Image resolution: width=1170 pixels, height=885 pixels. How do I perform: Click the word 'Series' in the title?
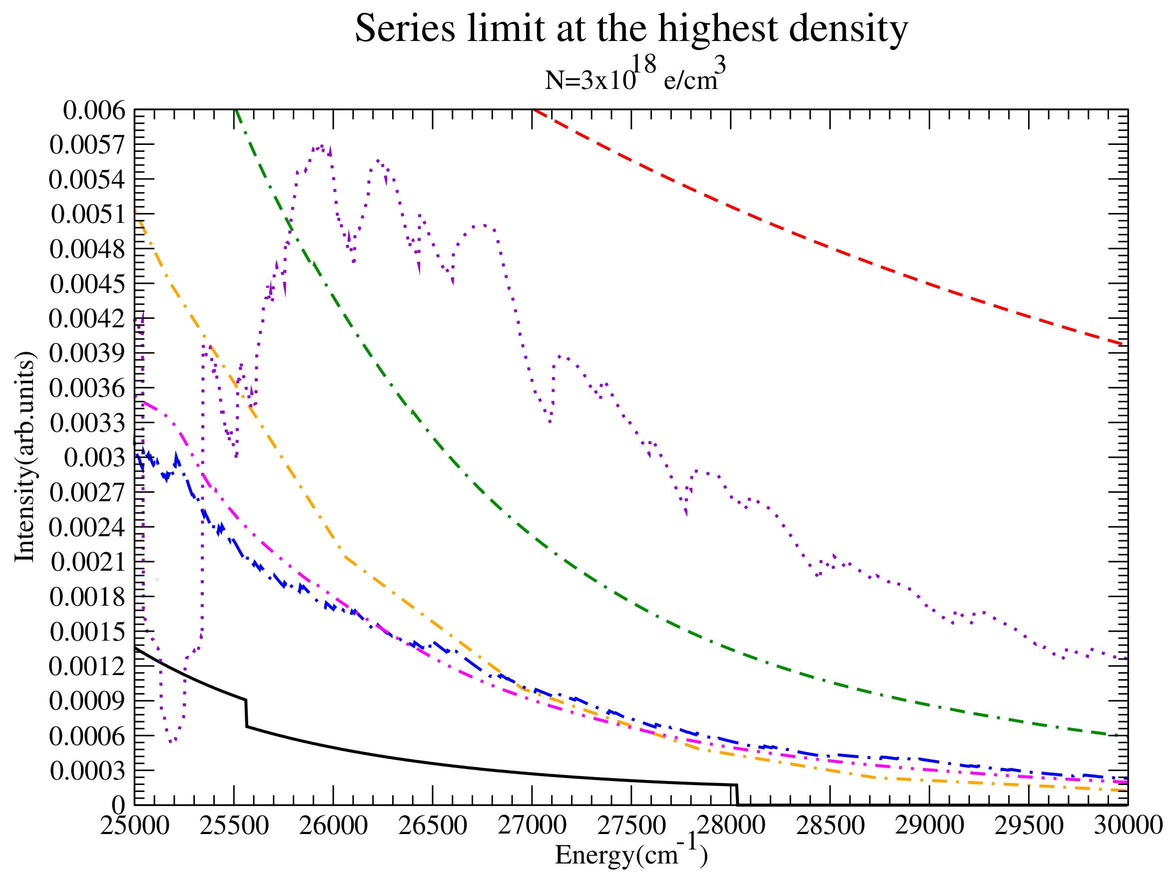coord(405,29)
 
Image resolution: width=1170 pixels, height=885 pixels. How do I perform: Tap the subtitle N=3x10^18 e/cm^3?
coord(635,76)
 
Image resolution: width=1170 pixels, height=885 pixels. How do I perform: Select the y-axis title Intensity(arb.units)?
coord(25,456)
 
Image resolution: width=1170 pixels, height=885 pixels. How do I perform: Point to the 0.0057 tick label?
coord(87,145)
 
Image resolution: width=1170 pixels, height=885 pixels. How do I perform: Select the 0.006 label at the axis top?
coord(94,111)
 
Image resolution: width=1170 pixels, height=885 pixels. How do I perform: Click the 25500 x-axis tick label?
coord(234,825)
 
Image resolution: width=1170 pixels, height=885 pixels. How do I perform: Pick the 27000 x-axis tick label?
coord(532,825)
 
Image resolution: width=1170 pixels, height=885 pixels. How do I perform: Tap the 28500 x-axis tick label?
coord(830,825)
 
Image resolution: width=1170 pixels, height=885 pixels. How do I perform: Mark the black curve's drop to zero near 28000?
coord(737,795)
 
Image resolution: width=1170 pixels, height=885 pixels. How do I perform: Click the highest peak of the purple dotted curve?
coord(322,145)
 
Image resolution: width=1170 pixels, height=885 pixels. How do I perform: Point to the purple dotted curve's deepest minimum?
coord(171,742)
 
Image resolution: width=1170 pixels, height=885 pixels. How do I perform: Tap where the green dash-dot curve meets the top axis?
coord(236,110)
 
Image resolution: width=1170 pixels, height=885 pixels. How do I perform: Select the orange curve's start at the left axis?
coord(135,210)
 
